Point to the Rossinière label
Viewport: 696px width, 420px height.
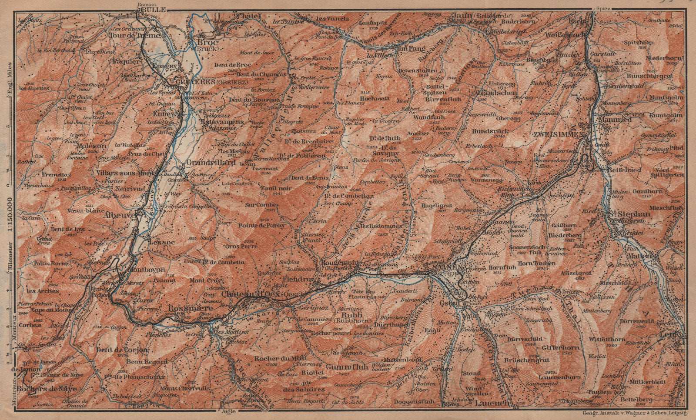pos(191,308)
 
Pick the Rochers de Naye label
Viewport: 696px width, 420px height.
pos(48,388)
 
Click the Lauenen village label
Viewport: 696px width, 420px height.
pos(492,403)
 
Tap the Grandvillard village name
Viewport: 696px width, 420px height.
pos(205,163)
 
